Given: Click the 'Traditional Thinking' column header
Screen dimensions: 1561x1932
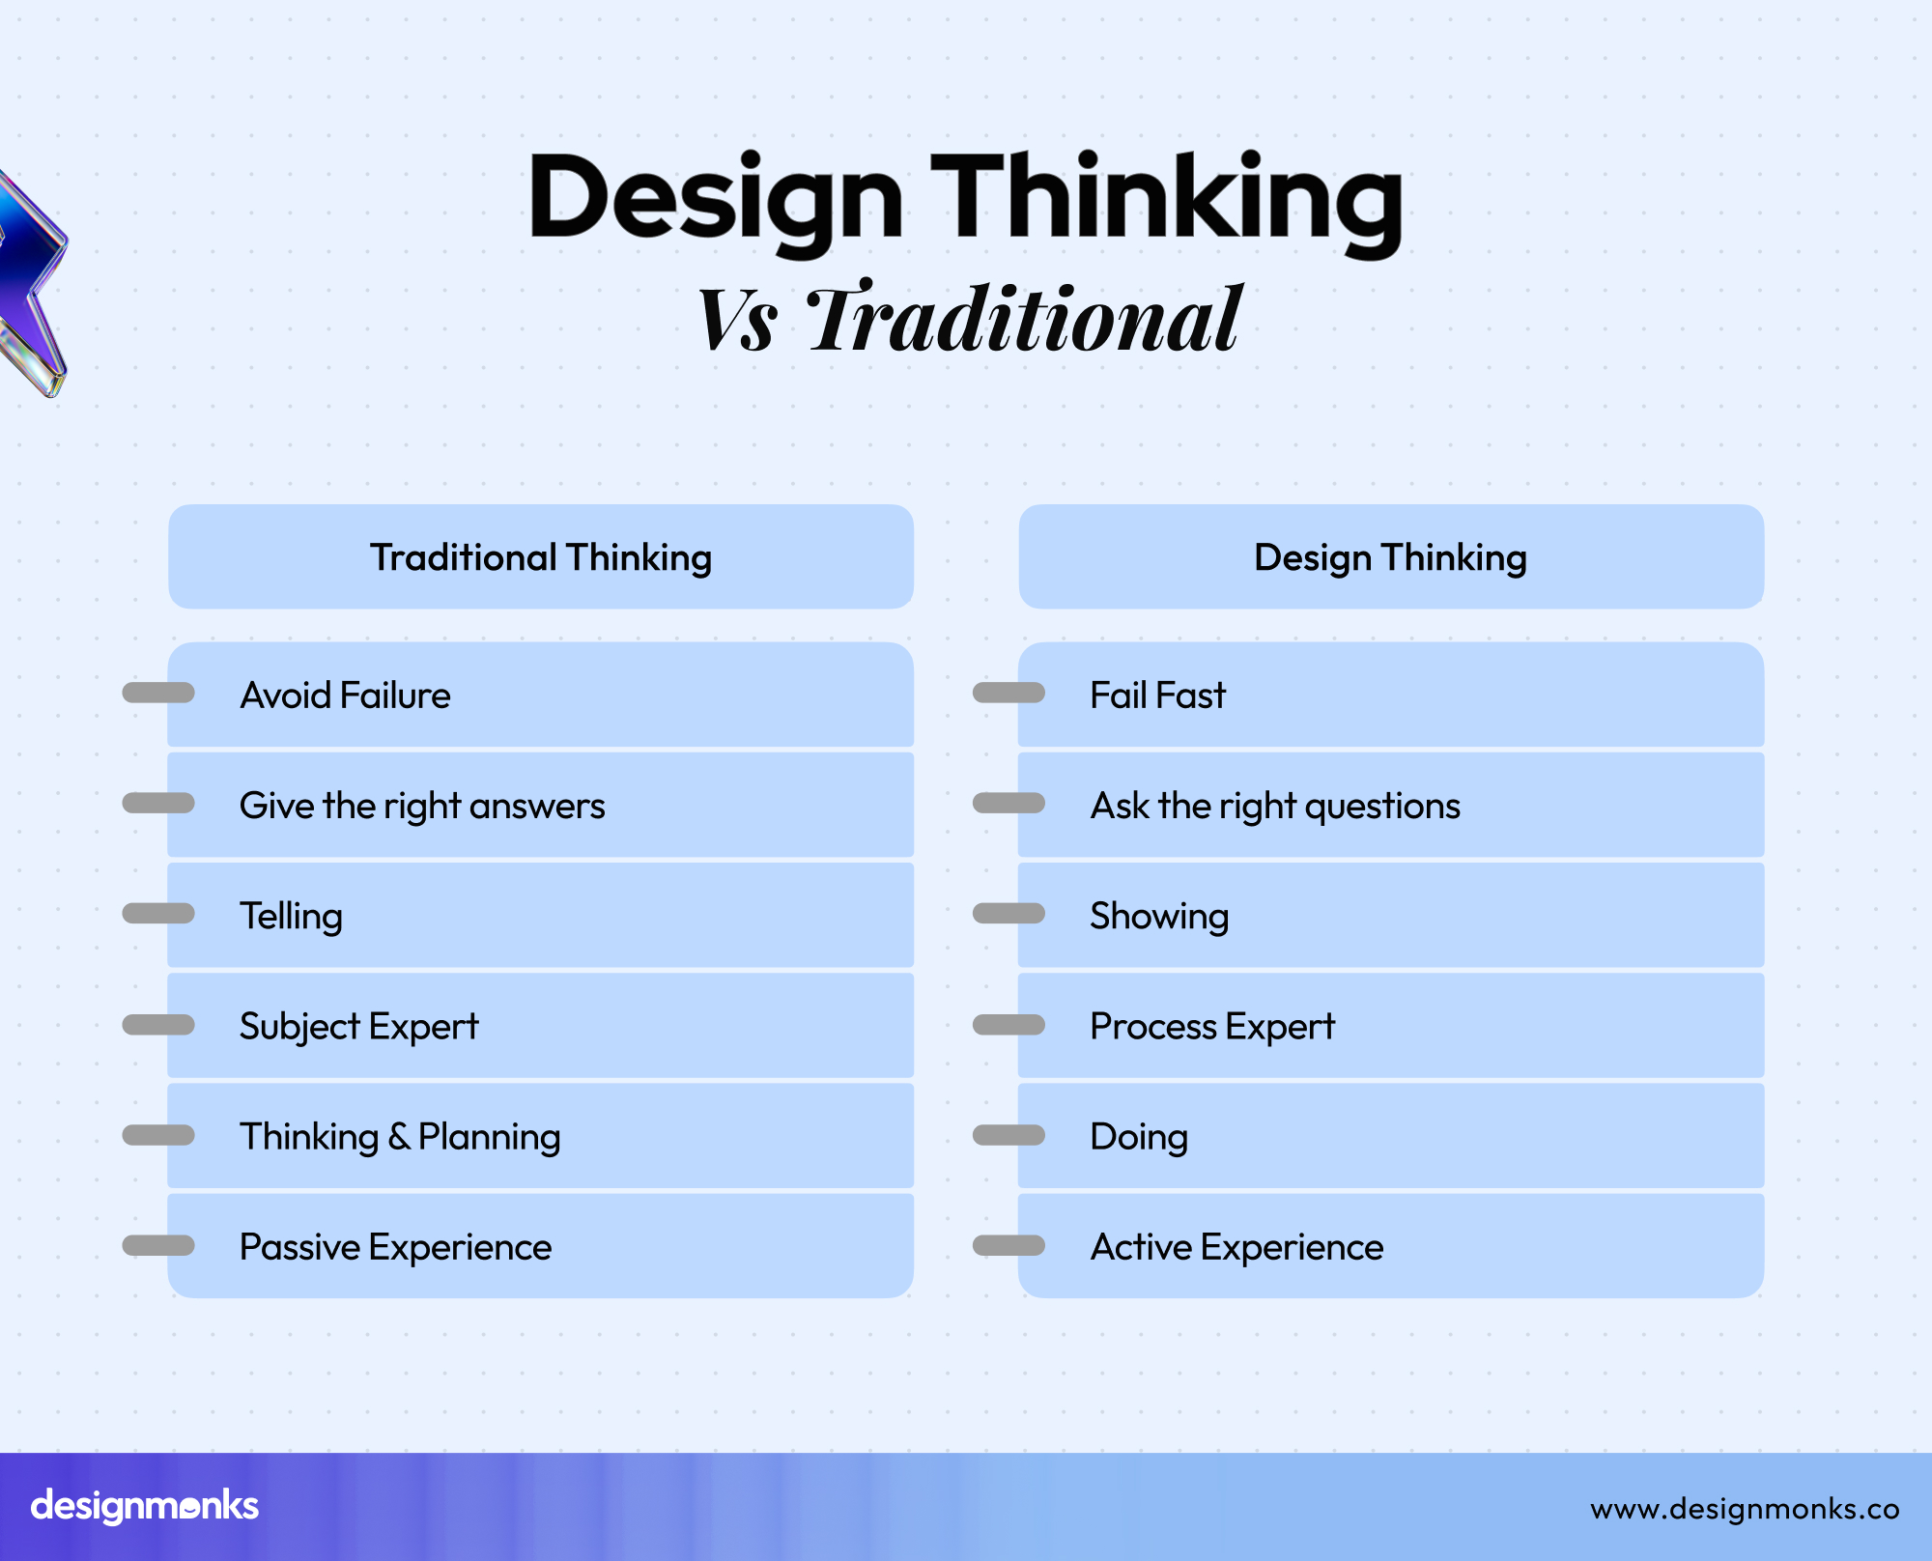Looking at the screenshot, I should (541, 557).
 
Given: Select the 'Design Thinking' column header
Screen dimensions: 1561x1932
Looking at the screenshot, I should (1390, 557).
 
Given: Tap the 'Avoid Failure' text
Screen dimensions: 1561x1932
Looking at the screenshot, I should (345, 695).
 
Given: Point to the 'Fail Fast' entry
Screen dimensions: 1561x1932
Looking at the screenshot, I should (1157, 695).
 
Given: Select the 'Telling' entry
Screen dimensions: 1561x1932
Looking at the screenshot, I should (291, 917).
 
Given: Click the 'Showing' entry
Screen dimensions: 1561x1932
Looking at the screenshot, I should (1159, 917).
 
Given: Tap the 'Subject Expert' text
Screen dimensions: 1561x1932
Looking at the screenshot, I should (358, 1027).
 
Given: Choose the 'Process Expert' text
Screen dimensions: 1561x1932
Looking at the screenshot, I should (1212, 1027).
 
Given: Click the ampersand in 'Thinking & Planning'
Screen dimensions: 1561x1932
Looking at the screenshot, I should (399, 1137).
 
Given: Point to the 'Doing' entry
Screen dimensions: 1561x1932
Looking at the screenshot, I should (1139, 1137).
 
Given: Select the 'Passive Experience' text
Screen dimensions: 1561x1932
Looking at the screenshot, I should (395, 1247).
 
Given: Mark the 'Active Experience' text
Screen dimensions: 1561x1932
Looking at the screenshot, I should (1236, 1247).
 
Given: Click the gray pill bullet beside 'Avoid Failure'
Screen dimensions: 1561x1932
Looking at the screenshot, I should (158, 693).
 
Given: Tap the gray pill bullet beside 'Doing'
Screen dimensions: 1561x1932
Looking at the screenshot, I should (1009, 1135).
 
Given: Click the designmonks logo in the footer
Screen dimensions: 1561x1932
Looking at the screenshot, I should (145, 1506).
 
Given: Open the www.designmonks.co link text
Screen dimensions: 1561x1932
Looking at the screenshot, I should (1745, 1509).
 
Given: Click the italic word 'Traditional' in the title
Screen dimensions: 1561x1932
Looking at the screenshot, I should (1024, 319).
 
